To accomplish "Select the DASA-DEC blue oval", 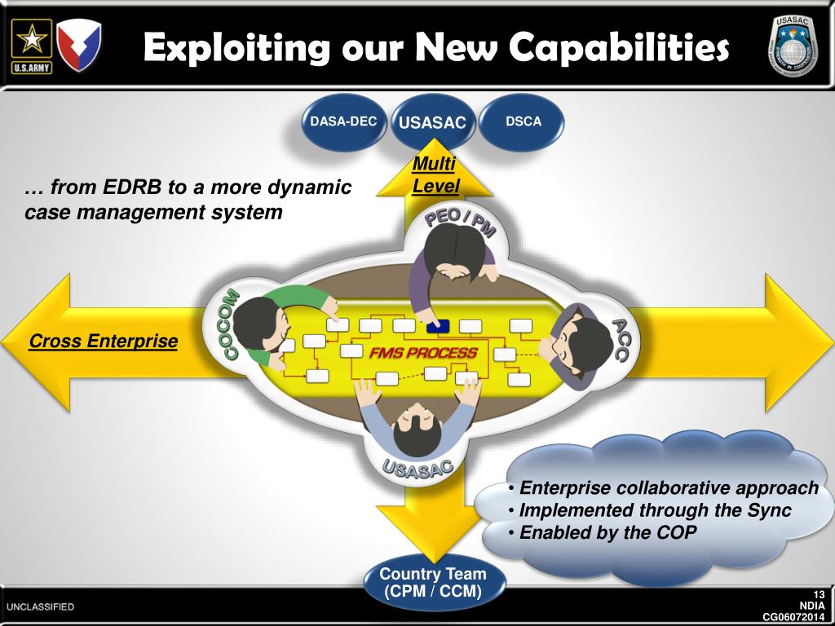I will [x=343, y=122].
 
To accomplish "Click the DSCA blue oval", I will [x=523, y=122].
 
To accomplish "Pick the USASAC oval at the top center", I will [x=432, y=123].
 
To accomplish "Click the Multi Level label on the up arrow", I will [x=435, y=174].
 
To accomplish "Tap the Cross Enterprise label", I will [x=103, y=341].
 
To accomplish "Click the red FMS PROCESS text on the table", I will [x=423, y=353].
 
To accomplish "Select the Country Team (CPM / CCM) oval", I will [x=432, y=582].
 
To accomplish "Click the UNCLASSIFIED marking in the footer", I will [x=41, y=607].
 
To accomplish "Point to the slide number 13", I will [x=819, y=593].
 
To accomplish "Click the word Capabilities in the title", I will [x=619, y=48].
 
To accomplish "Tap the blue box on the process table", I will [x=437, y=326].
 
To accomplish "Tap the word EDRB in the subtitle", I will [x=135, y=187].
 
